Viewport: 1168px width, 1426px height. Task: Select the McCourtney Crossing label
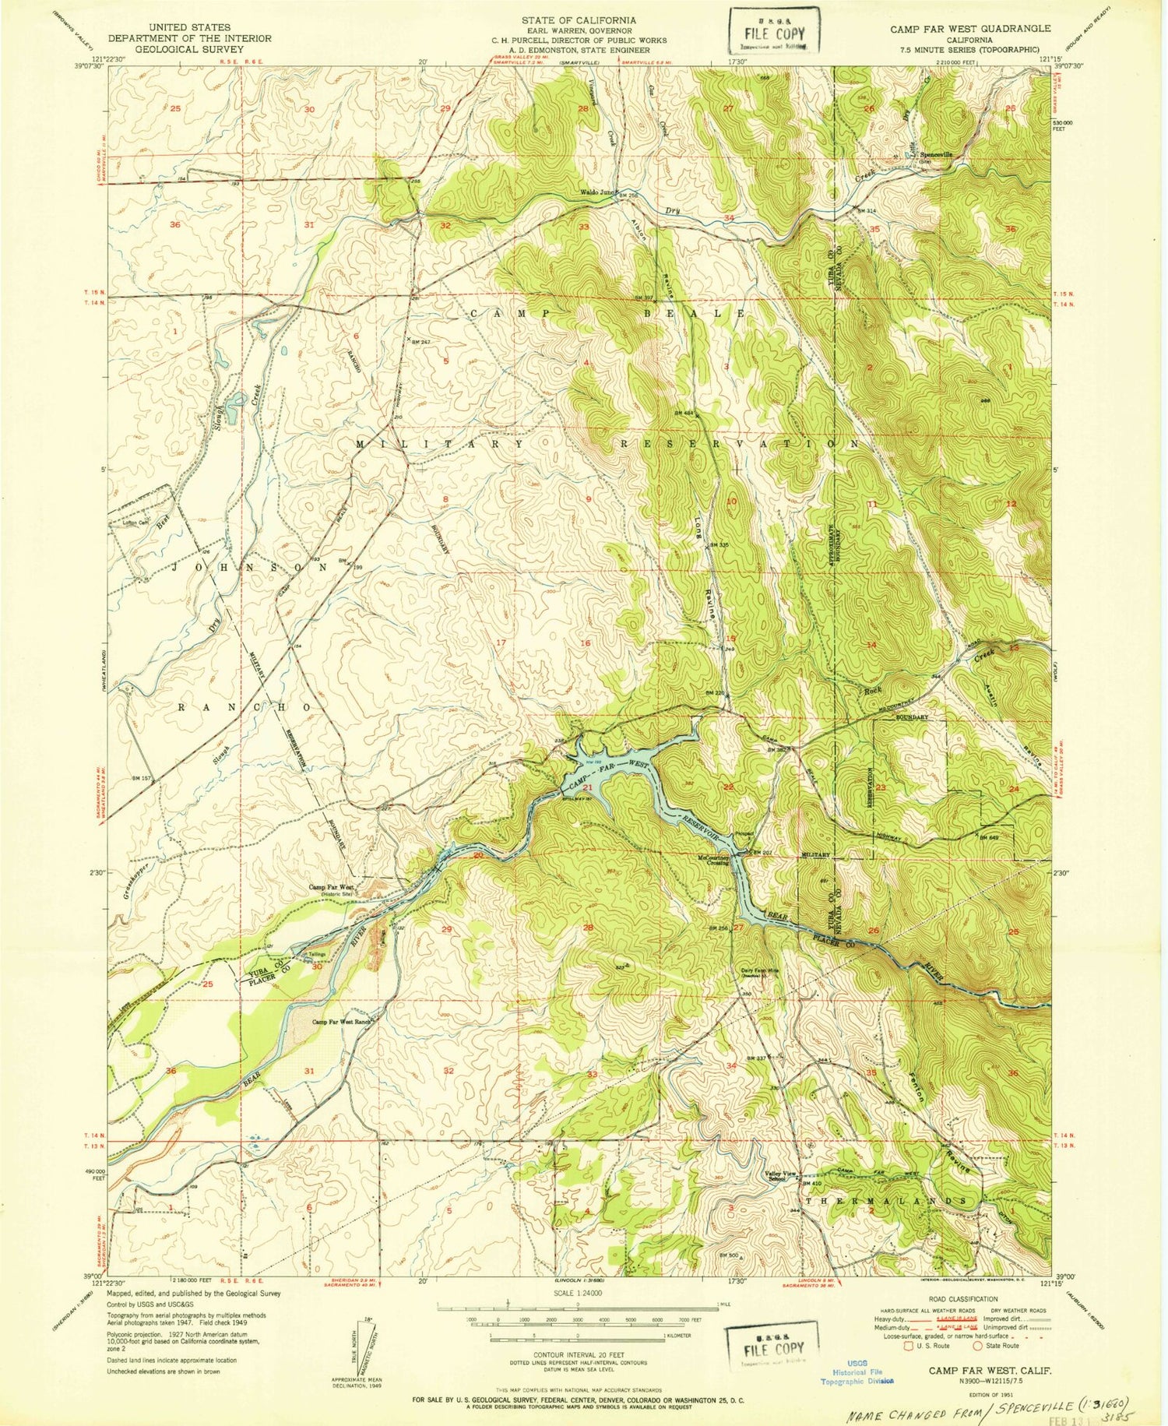[x=712, y=861]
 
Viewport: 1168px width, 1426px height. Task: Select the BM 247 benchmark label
[x=420, y=342]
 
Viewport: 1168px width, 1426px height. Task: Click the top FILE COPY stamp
[x=772, y=35]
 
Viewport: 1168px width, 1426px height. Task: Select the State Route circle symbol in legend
[x=978, y=1345]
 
